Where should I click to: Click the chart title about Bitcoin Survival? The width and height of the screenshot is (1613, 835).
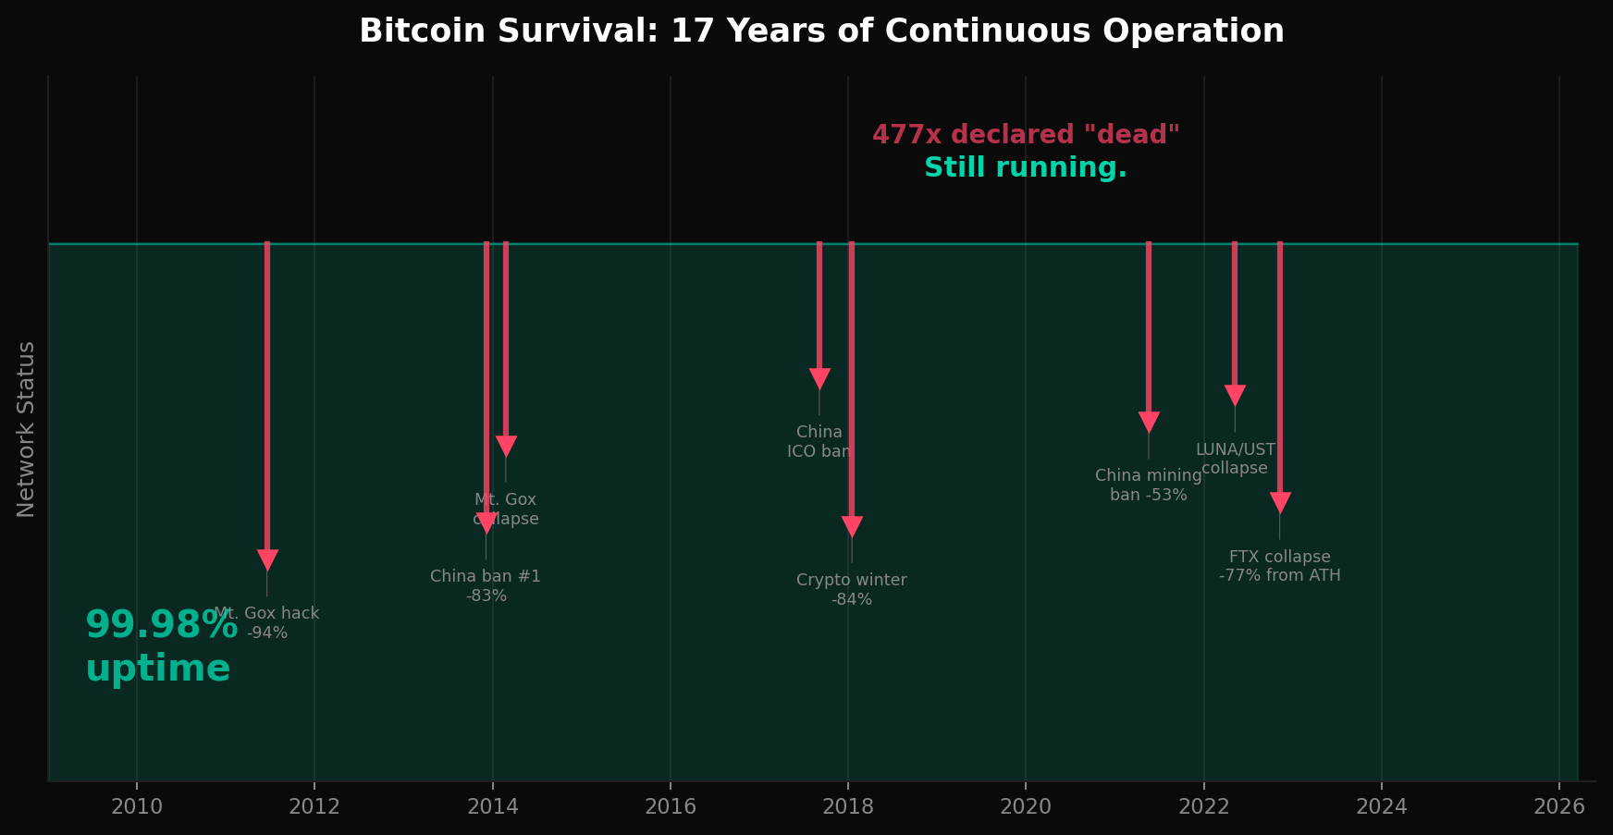coord(821,31)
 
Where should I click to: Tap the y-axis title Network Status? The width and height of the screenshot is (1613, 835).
coord(26,429)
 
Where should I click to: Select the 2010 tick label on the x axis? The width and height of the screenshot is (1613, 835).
coord(137,807)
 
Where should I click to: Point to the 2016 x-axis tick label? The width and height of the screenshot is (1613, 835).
coord(670,807)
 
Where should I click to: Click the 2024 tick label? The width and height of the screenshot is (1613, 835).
coord(1381,807)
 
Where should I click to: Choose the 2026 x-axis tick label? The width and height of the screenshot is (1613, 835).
coord(1558,807)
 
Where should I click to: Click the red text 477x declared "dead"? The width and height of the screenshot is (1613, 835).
coord(1026,135)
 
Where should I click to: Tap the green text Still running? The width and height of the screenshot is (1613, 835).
coord(1026,168)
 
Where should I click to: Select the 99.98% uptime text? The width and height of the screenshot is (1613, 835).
coord(159,646)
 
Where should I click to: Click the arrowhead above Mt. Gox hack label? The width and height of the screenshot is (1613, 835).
coord(267,560)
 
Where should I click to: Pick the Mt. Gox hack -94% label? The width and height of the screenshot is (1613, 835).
coord(267,623)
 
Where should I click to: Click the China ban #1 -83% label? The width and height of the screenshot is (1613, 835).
coord(486,586)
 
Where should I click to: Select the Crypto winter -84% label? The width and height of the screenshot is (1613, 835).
coord(852,590)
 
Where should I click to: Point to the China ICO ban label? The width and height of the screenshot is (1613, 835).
coord(819,442)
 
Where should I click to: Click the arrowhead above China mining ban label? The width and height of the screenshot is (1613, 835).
coord(1149,423)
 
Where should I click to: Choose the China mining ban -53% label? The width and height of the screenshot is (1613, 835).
coord(1149,485)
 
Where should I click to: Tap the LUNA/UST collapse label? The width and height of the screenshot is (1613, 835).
coord(1235,459)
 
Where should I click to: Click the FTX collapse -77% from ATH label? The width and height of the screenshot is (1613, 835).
coord(1279,566)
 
